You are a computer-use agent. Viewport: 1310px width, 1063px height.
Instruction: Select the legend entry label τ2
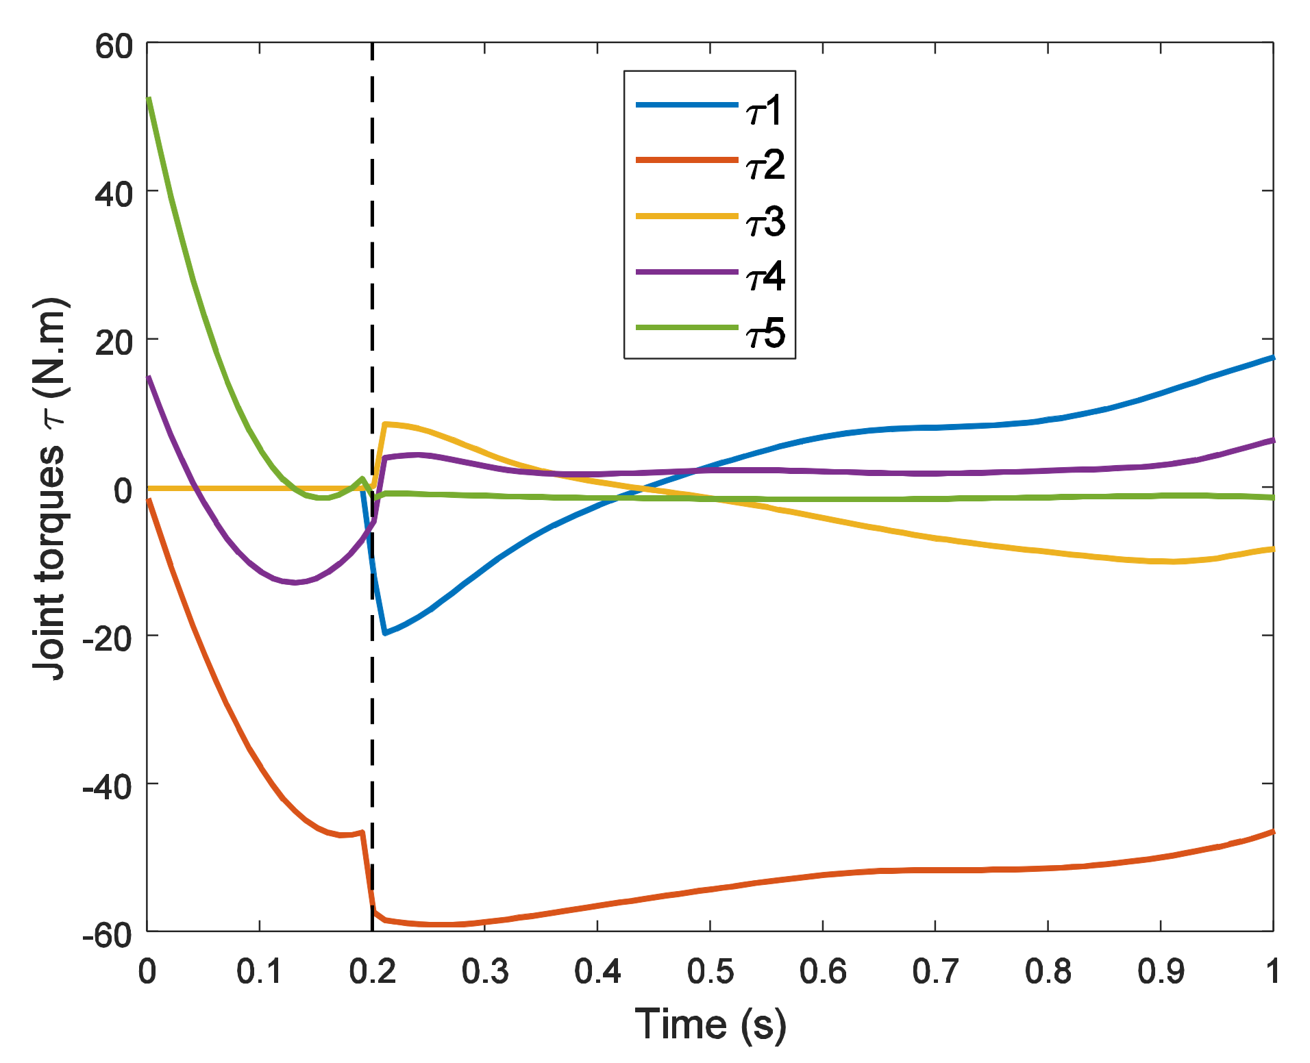tap(764, 166)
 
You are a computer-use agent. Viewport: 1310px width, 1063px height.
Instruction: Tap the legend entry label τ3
tap(764, 222)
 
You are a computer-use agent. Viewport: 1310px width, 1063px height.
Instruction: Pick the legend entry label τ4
tap(764, 277)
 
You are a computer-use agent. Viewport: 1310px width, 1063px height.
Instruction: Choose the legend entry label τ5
tap(764, 334)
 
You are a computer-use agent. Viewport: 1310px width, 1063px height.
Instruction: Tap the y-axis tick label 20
tap(113, 342)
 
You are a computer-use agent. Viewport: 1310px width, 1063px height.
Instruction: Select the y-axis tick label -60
tap(106, 934)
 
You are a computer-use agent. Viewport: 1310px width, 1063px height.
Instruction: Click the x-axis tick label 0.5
tap(710, 971)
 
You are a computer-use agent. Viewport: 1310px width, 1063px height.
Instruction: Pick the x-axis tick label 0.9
tap(1160, 971)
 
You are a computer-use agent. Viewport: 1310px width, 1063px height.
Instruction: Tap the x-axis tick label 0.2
tap(372, 971)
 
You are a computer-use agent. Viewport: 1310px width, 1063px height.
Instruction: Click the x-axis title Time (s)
tap(710, 1025)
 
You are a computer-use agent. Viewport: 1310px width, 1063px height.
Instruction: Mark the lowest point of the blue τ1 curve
tap(385, 633)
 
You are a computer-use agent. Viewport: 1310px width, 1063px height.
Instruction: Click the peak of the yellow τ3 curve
tap(385, 425)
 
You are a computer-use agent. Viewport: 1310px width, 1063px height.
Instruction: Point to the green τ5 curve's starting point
tap(149, 99)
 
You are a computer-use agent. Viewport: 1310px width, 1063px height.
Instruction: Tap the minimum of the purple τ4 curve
tap(295, 582)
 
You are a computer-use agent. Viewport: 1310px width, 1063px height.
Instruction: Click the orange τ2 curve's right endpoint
tap(1272, 831)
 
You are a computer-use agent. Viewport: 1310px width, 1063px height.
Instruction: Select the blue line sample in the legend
tap(687, 105)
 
